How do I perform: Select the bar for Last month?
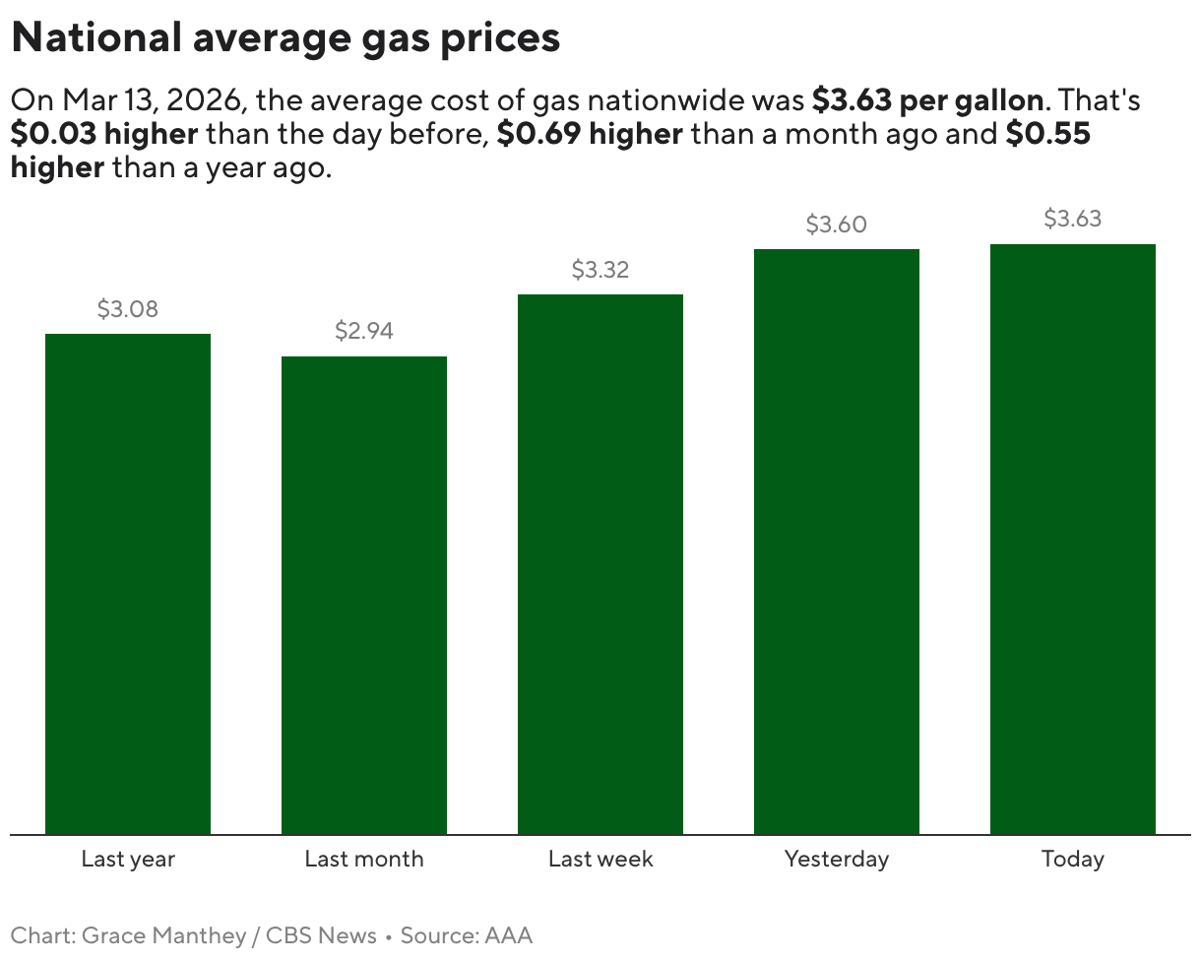(x=364, y=596)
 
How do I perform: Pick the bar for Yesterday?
(x=837, y=542)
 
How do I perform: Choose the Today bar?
(x=1073, y=540)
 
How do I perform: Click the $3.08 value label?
(x=128, y=309)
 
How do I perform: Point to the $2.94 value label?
(x=364, y=331)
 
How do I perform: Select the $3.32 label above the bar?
(x=600, y=270)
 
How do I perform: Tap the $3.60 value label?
(x=837, y=224)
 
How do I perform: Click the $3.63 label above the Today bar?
(x=1073, y=219)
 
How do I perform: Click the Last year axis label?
(x=128, y=859)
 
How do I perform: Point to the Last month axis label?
(x=364, y=859)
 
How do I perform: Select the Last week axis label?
(x=600, y=859)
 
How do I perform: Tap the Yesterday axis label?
(x=837, y=859)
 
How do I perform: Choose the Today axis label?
(x=1073, y=859)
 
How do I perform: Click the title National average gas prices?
(x=285, y=37)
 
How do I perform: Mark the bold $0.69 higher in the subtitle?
(x=590, y=134)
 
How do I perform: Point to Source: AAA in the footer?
(x=466, y=935)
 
